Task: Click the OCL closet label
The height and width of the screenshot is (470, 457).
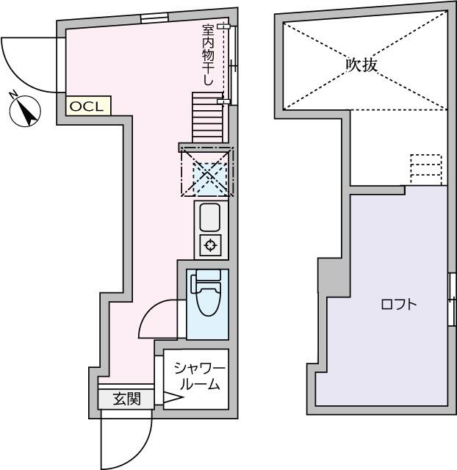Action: [x=87, y=106]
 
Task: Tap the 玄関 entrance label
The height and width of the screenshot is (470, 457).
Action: [x=126, y=399]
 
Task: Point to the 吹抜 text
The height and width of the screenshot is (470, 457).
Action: [x=361, y=65]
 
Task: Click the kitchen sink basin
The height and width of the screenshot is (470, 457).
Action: [x=210, y=218]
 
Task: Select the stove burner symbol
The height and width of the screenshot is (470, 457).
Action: [x=210, y=245]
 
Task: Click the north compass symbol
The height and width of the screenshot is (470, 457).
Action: [x=26, y=112]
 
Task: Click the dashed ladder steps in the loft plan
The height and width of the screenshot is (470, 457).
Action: [x=425, y=170]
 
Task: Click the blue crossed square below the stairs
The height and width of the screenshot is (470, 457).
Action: [x=206, y=174]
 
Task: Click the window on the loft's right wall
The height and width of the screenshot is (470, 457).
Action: [x=450, y=298]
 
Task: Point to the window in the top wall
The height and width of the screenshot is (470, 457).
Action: [x=154, y=18]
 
